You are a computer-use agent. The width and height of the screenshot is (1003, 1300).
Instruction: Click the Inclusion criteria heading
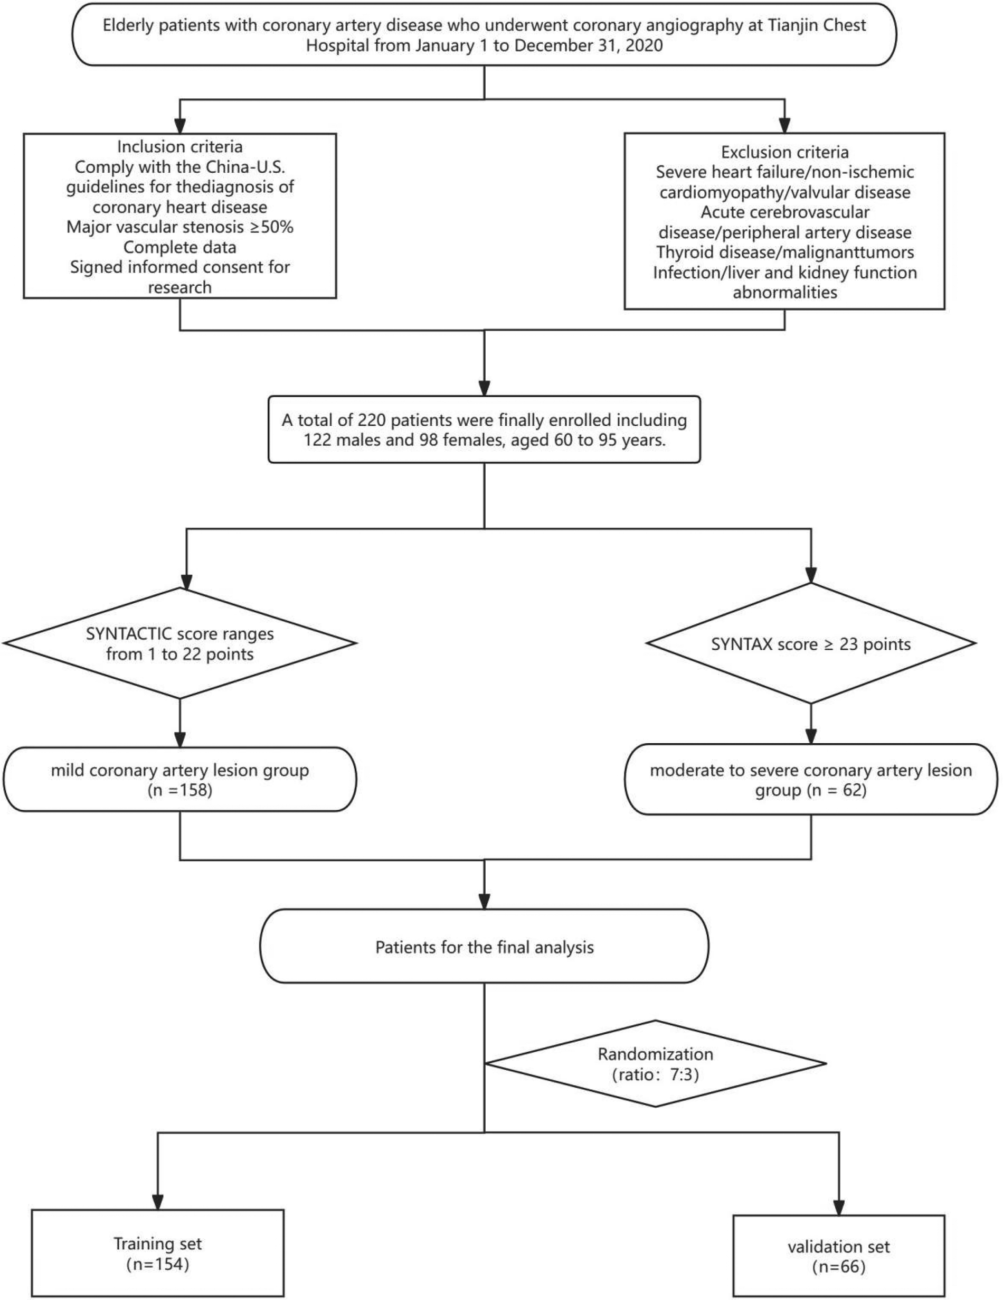click(x=179, y=146)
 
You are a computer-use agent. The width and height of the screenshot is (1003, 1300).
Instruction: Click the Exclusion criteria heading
click(x=784, y=152)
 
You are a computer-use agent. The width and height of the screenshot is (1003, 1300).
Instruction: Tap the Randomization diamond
click(x=655, y=1064)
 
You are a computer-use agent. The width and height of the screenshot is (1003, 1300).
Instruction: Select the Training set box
click(x=158, y=1252)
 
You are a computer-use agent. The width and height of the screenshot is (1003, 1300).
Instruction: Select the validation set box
click(x=838, y=1255)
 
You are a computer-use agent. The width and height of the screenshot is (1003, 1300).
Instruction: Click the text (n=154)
click(x=158, y=1264)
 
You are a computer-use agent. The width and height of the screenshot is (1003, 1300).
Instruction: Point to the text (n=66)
click(x=838, y=1267)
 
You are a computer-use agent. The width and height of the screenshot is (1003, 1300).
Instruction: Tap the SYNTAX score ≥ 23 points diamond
click(x=810, y=644)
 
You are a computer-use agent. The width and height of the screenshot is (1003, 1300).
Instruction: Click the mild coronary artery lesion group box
click(x=179, y=779)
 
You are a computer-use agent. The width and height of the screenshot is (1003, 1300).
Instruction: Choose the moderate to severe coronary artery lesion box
click(x=810, y=779)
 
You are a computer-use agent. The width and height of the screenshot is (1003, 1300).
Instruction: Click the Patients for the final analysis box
click(x=484, y=947)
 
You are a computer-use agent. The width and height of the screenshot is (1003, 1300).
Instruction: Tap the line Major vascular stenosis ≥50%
click(x=179, y=227)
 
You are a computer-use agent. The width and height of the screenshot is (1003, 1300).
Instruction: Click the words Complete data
click(x=179, y=247)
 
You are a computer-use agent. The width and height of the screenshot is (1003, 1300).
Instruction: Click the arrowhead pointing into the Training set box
click(x=158, y=1202)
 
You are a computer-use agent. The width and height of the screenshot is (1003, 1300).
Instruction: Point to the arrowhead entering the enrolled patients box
click(x=484, y=389)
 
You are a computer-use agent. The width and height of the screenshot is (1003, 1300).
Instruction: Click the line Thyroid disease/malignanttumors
click(x=784, y=252)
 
